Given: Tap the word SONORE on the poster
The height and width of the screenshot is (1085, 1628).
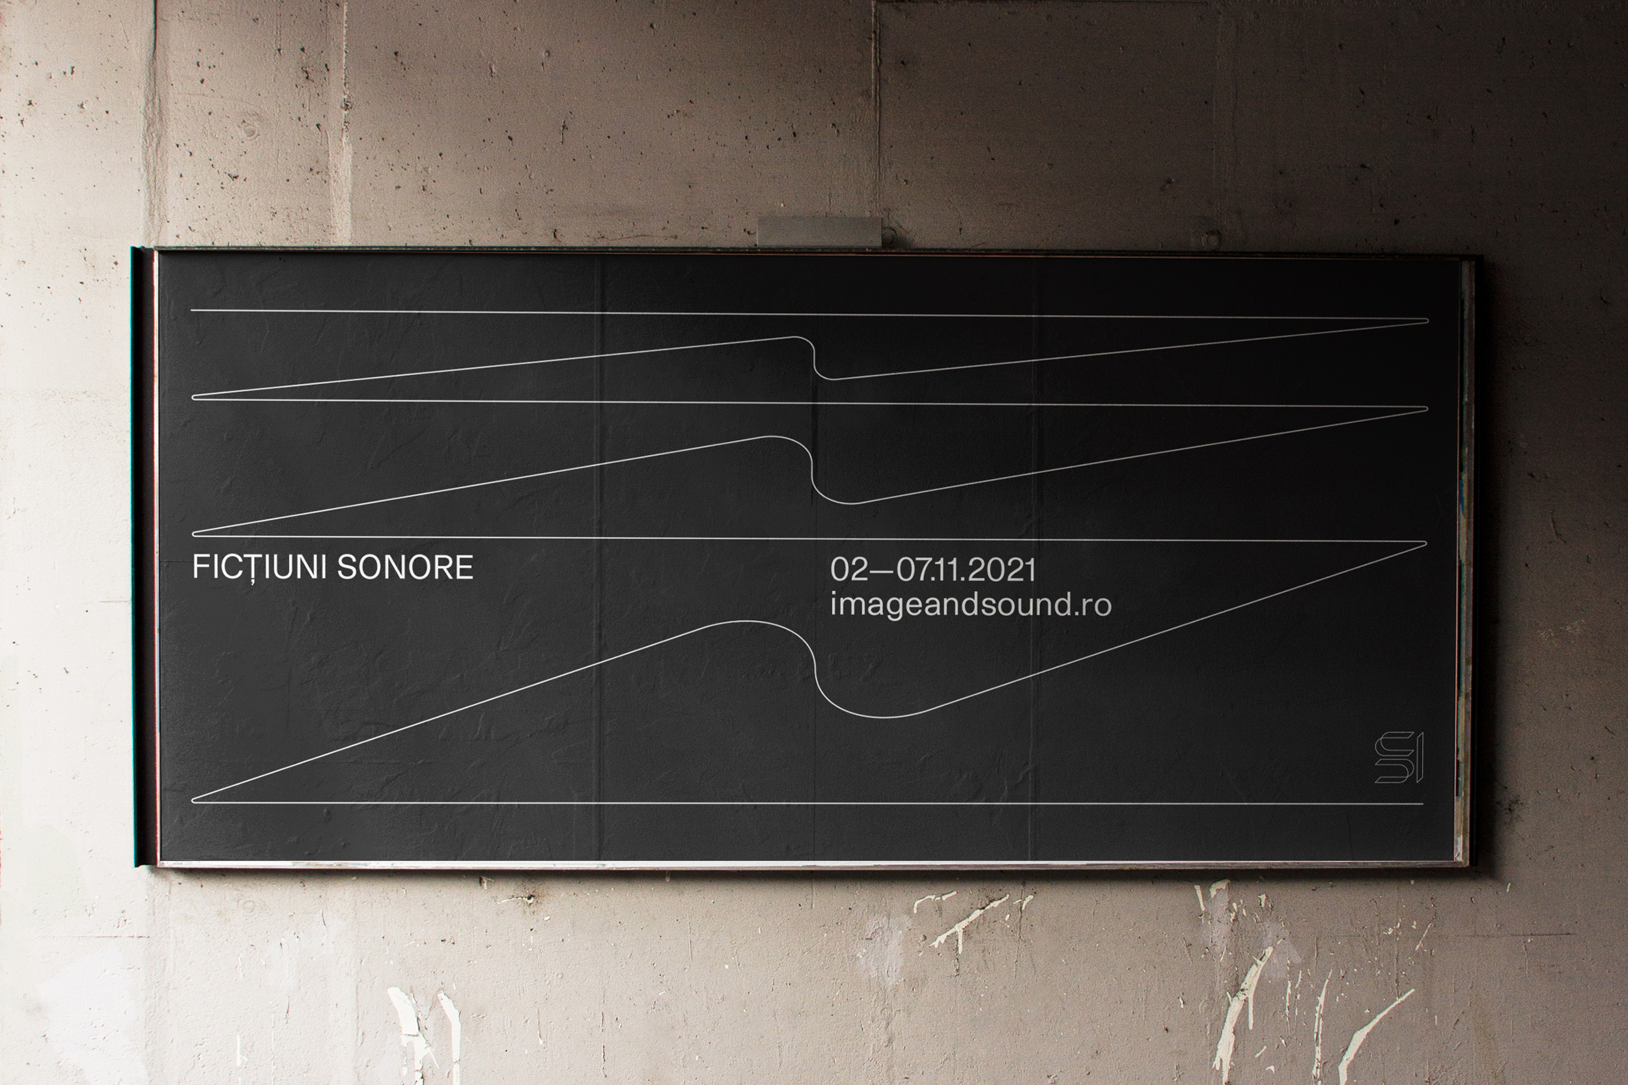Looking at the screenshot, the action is coord(405,568).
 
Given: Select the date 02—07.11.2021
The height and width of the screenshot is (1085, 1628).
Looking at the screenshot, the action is coord(933,570).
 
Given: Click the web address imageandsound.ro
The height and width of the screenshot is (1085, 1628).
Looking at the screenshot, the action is coord(970,605).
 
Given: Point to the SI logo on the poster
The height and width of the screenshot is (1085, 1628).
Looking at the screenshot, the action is coord(1398,757).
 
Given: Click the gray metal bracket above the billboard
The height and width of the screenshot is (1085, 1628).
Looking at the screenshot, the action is coord(820,230).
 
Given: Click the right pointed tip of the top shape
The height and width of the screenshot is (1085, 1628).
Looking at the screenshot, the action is coord(1426,321).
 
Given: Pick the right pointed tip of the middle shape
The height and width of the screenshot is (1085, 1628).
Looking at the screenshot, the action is coord(1425,409).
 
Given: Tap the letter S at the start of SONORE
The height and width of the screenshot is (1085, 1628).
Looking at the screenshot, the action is coord(345,568).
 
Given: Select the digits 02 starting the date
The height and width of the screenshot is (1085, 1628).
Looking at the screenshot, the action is coord(849,570).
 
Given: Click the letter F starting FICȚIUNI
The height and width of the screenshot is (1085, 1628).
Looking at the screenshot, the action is coord(201,568).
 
